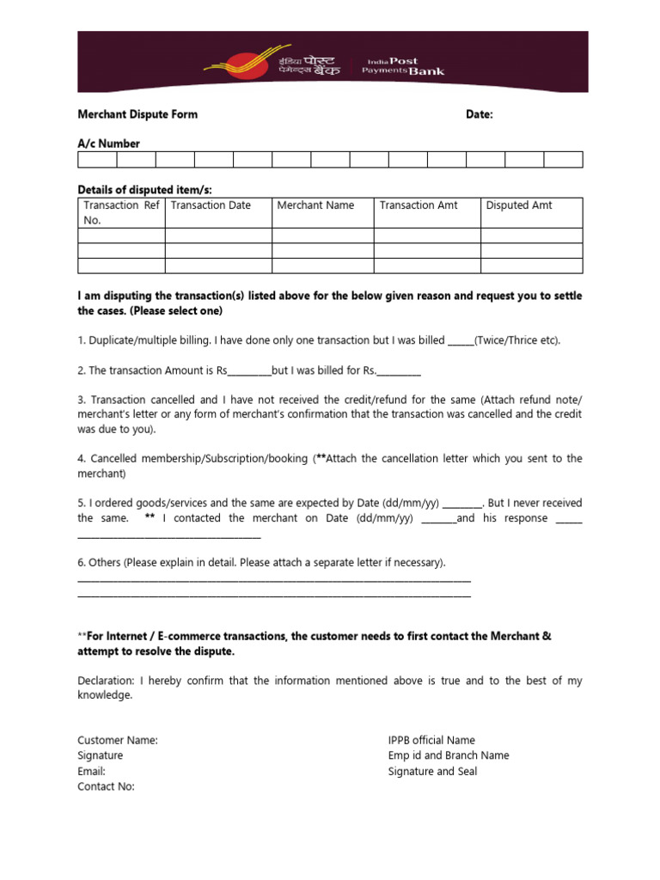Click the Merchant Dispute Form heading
(137, 114)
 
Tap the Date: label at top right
(479, 114)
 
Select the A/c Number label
(108, 144)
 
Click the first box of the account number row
(97, 159)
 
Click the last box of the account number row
(563, 159)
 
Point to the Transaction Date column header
(211, 205)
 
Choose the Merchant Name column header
(315, 205)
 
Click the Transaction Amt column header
(419, 205)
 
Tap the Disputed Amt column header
(519, 205)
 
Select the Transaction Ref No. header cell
(121, 212)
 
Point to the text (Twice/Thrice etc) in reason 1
(516, 340)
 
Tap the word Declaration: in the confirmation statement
(106, 681)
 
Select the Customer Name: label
(118, 740)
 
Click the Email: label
(91, 771)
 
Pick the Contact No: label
(106, 786)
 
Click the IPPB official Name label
(431, 740)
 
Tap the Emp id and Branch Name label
(449, 755)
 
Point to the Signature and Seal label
(432, 771)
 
